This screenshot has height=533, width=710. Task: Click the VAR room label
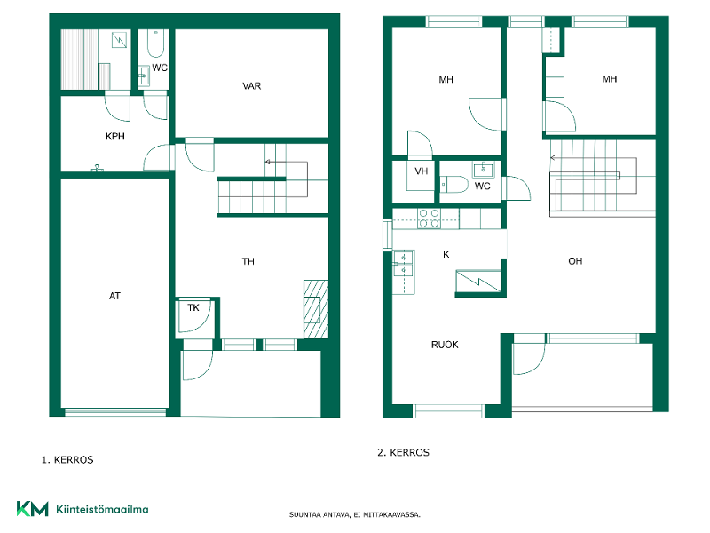click(x=252, y=86)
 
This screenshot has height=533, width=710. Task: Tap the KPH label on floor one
click(x=115, y=137)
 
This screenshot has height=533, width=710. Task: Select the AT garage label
click(x=114, y=296)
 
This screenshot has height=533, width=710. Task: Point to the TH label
click(x=248, y=261)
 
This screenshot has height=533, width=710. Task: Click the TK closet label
click(x=193, y=307)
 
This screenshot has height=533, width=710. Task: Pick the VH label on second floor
click(x=421, y=171)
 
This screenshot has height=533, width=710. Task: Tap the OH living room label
click(x=575, y=261)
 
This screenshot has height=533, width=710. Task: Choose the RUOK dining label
click(x=445, y=345)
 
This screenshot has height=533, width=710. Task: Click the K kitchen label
click(x=446, y=255)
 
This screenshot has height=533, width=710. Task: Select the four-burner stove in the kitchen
click(x=429, y=219)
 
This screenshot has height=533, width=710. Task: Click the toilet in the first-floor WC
click(x=155, y=44)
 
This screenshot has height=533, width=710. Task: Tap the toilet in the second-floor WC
click(x=454, y=185)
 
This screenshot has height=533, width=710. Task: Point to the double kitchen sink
click(x=403, y=263)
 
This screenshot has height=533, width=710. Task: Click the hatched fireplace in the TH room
click(x=316, y=308)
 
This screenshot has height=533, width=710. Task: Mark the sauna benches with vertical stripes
click(x=79, y=60)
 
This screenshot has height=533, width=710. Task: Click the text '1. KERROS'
click(x=67, y=460)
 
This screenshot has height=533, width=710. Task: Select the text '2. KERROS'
click(x=404, y=453)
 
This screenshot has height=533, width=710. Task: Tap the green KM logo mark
click(x=33, y=509)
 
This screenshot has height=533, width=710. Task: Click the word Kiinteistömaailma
click(x=102, y=509)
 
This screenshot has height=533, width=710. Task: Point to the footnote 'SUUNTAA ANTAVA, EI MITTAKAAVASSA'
click(x=355, y=515)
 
